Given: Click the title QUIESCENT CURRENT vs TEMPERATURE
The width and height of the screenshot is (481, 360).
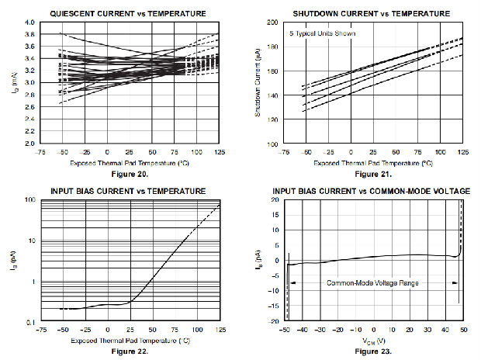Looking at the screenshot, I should point(128,14).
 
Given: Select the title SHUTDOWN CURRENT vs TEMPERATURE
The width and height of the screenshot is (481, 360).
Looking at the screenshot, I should point(371,14).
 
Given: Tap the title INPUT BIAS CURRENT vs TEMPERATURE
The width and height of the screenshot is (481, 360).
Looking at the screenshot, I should point(128,191).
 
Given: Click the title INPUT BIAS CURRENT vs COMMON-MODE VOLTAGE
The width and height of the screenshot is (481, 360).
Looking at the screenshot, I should point(371,191).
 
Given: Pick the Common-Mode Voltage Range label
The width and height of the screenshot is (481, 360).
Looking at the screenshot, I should point(372,283).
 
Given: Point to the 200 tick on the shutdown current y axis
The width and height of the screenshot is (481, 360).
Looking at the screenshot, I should point(272,23).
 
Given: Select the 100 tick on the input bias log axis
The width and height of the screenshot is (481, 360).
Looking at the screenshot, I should point(29,200).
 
